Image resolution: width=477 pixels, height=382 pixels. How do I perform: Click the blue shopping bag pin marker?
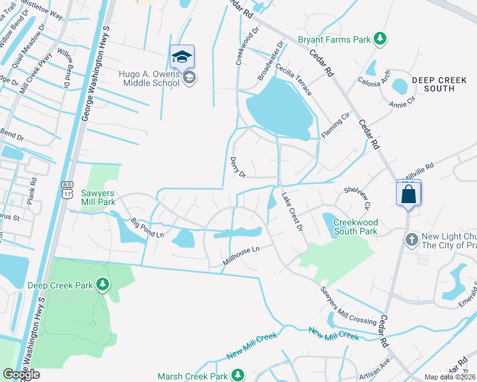409,193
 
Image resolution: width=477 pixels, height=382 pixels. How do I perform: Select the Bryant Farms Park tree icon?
380,39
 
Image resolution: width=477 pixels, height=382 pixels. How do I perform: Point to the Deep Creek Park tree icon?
102,283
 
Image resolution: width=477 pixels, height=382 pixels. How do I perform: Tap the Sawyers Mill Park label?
98,197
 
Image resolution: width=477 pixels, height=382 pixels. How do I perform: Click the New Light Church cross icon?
412,239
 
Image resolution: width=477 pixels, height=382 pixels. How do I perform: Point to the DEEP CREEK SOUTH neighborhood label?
442,84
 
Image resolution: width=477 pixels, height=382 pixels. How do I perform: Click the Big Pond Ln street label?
147,229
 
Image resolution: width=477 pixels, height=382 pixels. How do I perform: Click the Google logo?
21,374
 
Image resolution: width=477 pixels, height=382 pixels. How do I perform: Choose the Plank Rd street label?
34,188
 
